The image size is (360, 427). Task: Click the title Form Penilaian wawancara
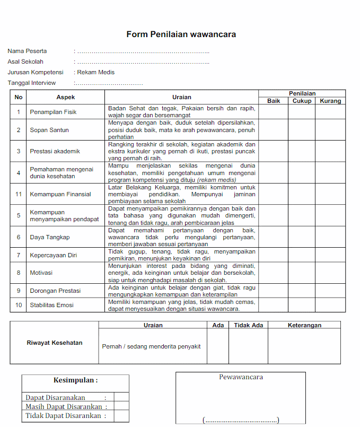(x=181, y=34)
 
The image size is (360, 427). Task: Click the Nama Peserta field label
(x=27, y=51)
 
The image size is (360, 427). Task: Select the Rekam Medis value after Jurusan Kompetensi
(x=96, y=72)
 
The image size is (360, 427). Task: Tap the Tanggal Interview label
(x=31, y=83)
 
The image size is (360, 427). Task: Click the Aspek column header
(x=66, y=97)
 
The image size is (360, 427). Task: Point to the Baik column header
(x=274, y=101)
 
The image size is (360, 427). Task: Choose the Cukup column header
(x=302, y=101)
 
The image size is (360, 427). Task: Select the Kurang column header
(x=331, y=101)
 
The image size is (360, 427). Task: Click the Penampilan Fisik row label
(x=53, y=112)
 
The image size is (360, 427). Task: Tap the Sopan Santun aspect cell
(x=49, y=130)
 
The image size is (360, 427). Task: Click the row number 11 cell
(x=19, y=194)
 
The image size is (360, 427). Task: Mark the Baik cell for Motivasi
(x=273, y=273)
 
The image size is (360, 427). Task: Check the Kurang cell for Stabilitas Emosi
(x=331, y=305)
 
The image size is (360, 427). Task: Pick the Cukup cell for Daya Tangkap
(x=302, y=237)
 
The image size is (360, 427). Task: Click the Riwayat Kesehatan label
(x=55, y=343)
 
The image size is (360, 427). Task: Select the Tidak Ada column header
(x=248, y=325)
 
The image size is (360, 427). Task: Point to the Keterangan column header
(x=304, y=325)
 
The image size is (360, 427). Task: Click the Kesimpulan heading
(x=75, y=380)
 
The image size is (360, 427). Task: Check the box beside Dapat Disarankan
(x=121, y=397)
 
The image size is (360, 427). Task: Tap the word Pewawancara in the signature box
(x=241, y=377)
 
